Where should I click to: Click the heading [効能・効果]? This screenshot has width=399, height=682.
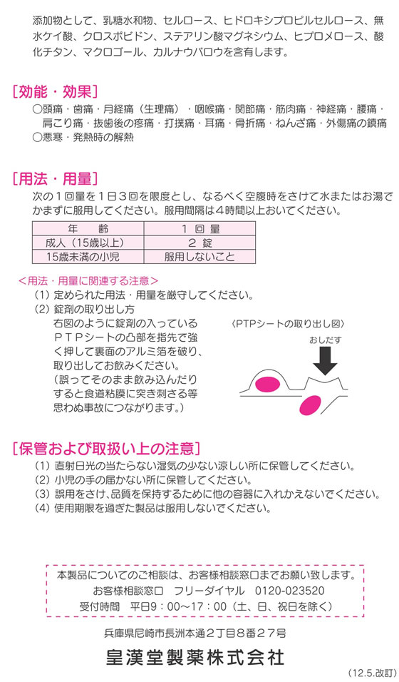55,91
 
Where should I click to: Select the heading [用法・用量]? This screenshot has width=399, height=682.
55,178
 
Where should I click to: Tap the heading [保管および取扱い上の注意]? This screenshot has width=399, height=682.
106,448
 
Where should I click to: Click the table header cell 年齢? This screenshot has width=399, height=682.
88,228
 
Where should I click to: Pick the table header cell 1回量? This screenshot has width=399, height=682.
200,228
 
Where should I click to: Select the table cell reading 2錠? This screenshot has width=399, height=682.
200,243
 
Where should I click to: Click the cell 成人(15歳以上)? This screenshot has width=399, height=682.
88,243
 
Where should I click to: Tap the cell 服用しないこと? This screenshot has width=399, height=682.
200,257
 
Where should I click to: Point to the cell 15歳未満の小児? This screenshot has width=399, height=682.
88,257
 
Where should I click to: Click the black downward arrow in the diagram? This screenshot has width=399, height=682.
325,360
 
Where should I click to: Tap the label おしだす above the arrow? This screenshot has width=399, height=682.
326,340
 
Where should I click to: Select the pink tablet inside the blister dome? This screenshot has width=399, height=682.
267,384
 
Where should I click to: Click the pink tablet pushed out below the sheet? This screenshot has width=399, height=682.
310,404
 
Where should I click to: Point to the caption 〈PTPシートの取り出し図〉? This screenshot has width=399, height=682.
288,324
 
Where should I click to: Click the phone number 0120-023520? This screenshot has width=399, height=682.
289,591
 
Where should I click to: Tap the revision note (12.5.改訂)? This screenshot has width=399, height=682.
372,673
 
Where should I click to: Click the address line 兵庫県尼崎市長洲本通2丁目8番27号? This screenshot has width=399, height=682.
195,633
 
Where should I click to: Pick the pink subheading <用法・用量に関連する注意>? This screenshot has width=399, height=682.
88,280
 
